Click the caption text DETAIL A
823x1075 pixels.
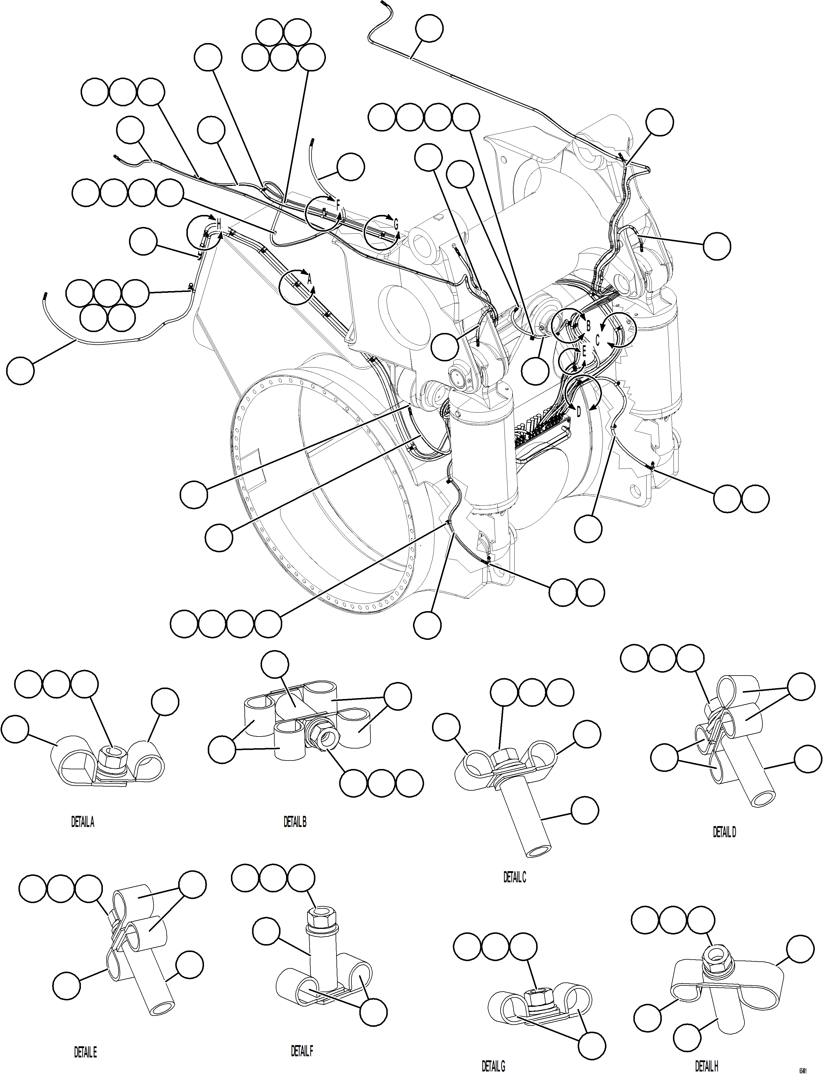(x=82, y=822)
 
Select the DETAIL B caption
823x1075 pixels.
(x=295, y=822)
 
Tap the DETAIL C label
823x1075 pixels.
(x=514, y=878)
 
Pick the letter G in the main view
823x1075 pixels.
(x=396, y=225)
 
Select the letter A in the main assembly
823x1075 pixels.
(x=309, y=280)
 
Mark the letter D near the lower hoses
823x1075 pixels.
(x=578, y=412)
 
